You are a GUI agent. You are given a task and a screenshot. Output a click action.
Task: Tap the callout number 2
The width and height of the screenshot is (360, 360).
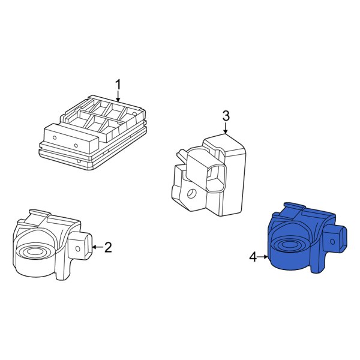click(108, 247)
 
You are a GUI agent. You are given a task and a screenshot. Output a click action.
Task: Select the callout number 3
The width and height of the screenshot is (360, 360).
click(226, 115)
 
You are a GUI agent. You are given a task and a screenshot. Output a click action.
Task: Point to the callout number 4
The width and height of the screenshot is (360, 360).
click(253, 257)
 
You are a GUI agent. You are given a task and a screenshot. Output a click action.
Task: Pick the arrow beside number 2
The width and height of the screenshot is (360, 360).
click(96, 247)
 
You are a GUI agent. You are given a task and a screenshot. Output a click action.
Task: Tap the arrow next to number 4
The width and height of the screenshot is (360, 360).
click(265, 257)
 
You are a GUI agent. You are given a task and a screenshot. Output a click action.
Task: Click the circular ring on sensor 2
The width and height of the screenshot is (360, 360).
click(35, 251)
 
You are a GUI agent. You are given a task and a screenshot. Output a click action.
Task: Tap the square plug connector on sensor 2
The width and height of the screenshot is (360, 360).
click(82, 246)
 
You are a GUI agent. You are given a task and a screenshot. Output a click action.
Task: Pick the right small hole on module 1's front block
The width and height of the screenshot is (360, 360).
click(76, 145)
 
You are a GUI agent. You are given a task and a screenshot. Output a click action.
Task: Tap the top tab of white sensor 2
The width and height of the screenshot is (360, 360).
click(40, 214)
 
